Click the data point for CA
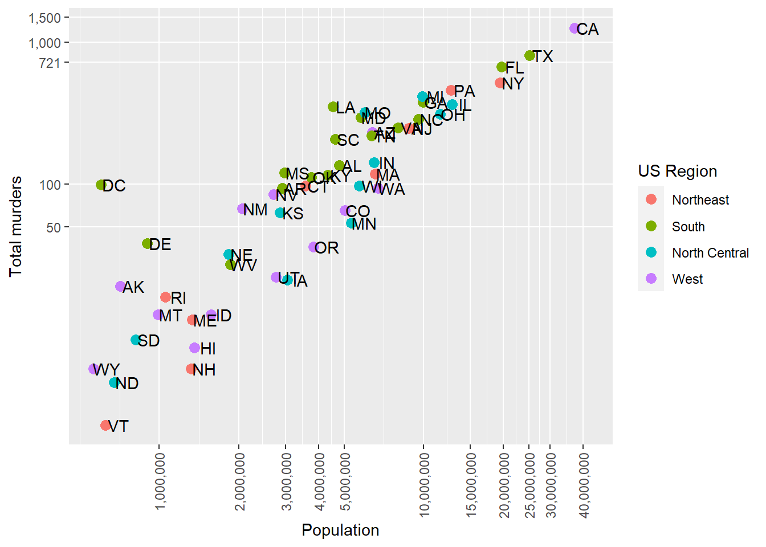(x=574, y=28)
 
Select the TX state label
(x=543, y=56)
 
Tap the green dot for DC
(x=101, y=185)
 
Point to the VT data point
(x=105, y=425)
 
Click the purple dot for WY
(x=94, y=369)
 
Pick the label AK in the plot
(x=133, y=287)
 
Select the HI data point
(x=194, y=348)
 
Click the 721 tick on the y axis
(x=50, y=63)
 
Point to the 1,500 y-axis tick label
(x=44, y=18)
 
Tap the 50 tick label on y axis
(x=54, y=227)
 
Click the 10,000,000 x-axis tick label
(x=424, y=484)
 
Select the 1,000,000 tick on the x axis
(x=160, y=481)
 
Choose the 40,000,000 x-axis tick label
(x=584, y=484)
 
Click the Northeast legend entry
(x=700, y=200)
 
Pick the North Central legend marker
(x=651, y=252)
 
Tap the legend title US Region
(x=677, y=171)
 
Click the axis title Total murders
(x=16, y=226)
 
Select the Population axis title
(x=340, y=530)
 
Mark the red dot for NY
(x=500, y=83)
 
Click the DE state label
(x=160, y=244)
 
